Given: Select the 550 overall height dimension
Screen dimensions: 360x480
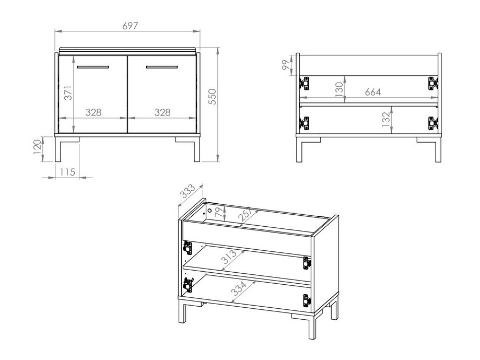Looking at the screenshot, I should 212,97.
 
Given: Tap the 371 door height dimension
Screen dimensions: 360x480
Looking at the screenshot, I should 68,93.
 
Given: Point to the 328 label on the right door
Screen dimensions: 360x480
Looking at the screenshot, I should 162,112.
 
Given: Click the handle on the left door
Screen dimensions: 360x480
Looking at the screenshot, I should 93,67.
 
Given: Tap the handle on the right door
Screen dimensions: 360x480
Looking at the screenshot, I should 162,67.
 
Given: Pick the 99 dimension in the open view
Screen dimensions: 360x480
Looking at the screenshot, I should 285,65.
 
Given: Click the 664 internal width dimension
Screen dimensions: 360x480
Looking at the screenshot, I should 372,92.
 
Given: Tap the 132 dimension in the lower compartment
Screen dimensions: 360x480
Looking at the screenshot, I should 386,119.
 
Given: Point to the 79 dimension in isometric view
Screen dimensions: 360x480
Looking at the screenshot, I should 218,212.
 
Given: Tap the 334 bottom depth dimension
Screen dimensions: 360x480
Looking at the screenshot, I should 239,289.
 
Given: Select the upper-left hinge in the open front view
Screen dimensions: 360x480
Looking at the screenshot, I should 304,83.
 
